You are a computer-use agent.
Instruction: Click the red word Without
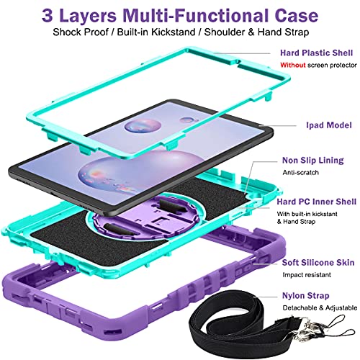pyautogui.click(x=293, y=65)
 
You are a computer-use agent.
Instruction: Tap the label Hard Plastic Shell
pyautogui.click(x=316, y=53)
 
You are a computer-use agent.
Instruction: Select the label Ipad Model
pyautogui.click(x=329, y=125)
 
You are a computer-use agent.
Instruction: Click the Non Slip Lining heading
pyautogui.click(x=313, y=161)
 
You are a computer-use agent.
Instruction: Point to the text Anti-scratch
pyautogui.click(x=300, y=172)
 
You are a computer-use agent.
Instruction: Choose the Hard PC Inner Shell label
pyautogui.click(x=317, y=202)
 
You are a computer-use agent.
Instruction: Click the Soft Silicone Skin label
pyautogui.click(x=318, y=262)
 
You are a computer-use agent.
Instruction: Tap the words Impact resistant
pyautogui.click(x=307, y=275)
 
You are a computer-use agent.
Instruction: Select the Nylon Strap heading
pyautogui.click(x=305, y=296)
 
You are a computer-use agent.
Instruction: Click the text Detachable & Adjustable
pyautogui.click(x=320, y=307)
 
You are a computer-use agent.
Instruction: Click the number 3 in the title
pyautogui.click(x=47, y=16)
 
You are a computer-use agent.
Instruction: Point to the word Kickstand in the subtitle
pyautogui.click(x=174, y=32)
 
